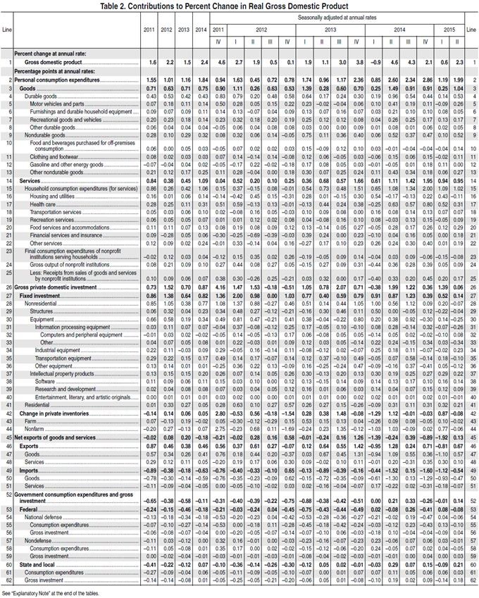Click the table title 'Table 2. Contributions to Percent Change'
click(240, 5)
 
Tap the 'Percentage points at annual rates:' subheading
click(54, 72)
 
